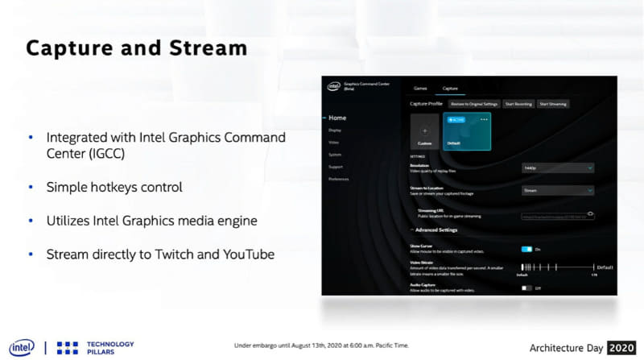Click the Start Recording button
[x=518, y=104]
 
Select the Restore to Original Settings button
[x=474, y=104]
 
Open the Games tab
[x=419, y=87]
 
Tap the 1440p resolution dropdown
[x=557, y=168]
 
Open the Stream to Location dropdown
[x=557, y=191]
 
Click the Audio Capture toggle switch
[x=527, y=288]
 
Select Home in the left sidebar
[x=338, y=118]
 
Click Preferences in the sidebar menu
[x=339, y=179]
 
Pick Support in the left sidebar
[x=336, y=167]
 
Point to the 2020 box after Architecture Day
[x=621, y=347]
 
